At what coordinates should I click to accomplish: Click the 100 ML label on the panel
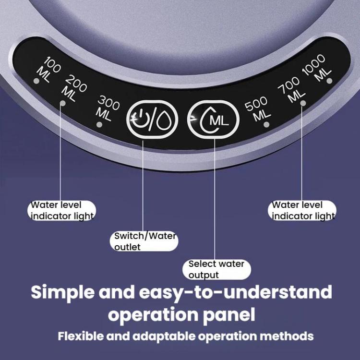[x=48, y=70]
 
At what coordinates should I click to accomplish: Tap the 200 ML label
[x=74, y=88]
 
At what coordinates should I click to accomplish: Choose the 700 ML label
[x=291, y=89]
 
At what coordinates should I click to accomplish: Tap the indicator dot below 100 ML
[x=36, y=81]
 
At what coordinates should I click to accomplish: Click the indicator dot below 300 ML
[x=99, y=125]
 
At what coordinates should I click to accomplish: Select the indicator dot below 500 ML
[x=266, y=125]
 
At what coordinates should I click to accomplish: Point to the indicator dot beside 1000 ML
[x=329, y=81]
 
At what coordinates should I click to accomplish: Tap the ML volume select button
[x=213, y=120]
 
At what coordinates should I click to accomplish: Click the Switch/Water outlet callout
[x=144, y=241]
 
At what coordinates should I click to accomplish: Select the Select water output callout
[x=217, y=269]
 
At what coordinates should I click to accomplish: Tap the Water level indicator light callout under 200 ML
[x=61, y=211]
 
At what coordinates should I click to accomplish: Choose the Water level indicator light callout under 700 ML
[x=302, y=211]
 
